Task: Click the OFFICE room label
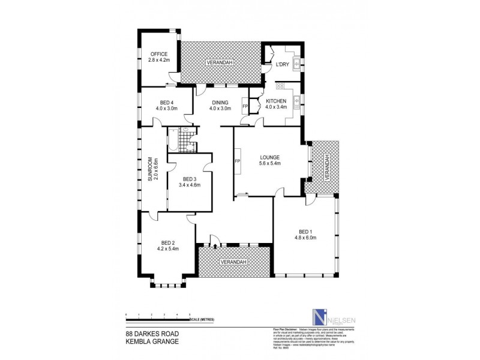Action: tap(159, 55)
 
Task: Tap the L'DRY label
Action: tap(282, 64)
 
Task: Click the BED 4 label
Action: tap(167, 101)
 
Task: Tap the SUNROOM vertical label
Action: tap(155, 169)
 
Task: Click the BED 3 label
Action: tap(189, 179)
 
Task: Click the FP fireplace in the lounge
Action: tap(238, 161)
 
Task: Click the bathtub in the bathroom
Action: tap(173, 142)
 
